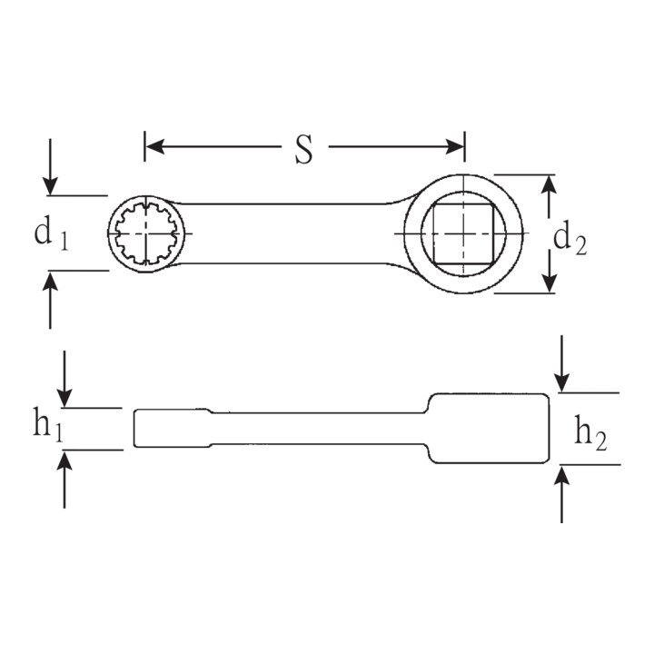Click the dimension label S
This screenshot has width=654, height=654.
click(303, 149)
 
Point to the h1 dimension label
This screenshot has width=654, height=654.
click(48, 424)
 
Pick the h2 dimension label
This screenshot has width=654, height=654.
click(590, 433)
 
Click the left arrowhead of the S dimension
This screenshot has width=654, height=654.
click(155, 147)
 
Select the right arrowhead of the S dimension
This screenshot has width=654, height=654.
click(454, 147)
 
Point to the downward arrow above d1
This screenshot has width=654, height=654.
click(51, 167)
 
